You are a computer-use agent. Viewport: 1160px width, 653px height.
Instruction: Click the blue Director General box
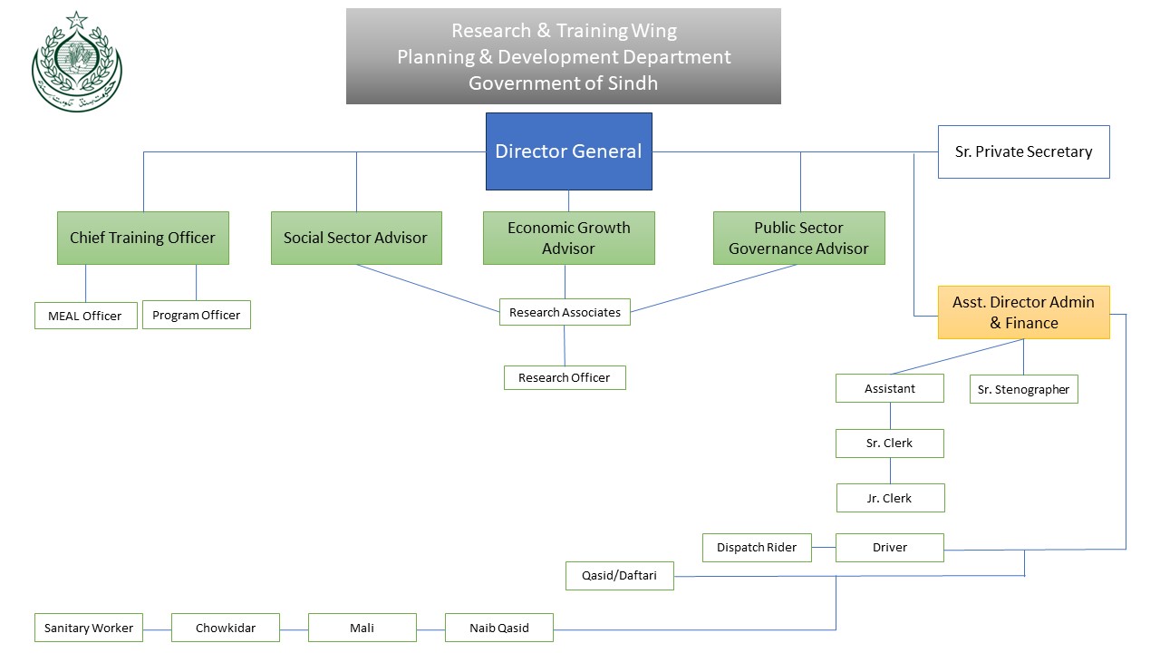click(568, 151)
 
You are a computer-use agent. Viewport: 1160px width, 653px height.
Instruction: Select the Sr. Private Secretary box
click(1024, 151)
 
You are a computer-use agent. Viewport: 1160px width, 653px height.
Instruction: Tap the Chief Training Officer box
click(143, 238)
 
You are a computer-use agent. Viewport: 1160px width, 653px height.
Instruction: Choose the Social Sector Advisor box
click(356, 238)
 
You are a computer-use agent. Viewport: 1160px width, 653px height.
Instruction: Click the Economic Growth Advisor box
click(568, 238)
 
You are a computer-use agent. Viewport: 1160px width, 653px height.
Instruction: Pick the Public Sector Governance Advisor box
click(799, 238)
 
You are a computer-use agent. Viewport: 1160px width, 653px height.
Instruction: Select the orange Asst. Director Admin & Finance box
click(1024, 313)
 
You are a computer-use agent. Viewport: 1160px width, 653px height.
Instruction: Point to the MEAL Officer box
click(86, 316)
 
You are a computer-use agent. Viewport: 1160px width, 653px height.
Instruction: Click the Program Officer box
click(197, 315)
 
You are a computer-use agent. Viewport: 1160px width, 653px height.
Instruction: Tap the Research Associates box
click(565, 312)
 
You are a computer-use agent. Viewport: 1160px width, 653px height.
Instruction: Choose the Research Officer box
click(565, 378)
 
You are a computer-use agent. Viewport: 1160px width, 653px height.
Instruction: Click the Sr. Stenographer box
click(1024, 389)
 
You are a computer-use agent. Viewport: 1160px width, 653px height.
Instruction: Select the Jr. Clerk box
click(890, 498)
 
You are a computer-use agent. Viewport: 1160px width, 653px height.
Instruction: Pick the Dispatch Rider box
click(757, 548)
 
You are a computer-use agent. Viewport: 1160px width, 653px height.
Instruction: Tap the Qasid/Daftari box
click(620, 576)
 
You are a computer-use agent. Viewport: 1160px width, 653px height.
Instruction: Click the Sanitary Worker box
click(89, 628)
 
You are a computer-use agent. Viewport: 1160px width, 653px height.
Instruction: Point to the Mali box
click(362, 628)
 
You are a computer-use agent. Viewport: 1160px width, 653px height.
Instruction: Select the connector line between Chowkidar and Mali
click(294, 630)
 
